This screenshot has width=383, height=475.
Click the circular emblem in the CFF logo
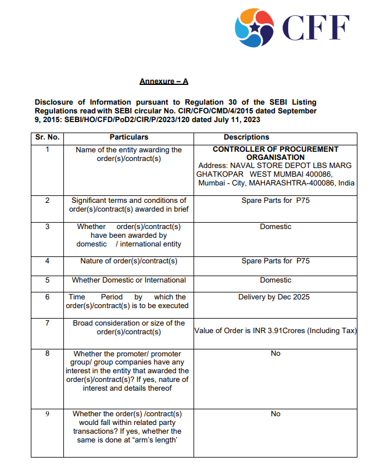point(254,28)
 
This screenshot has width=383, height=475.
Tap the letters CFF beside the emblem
point(316,27)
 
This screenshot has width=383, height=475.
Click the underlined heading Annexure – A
point(164,81)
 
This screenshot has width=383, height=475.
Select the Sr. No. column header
point(47,137)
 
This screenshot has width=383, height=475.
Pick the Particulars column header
point(128,137)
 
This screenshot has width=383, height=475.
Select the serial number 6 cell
point(47,297)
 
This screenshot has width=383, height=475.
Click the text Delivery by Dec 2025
point(275,297)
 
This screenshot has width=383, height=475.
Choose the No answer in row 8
point(275,353)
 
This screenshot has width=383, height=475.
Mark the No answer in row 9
point(275,414)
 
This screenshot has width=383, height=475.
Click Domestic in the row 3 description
point(275,227)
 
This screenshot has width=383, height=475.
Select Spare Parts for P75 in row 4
point(275,261)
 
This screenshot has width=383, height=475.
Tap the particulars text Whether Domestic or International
point(128,280)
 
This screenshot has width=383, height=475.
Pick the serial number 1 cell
point(47,149)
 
